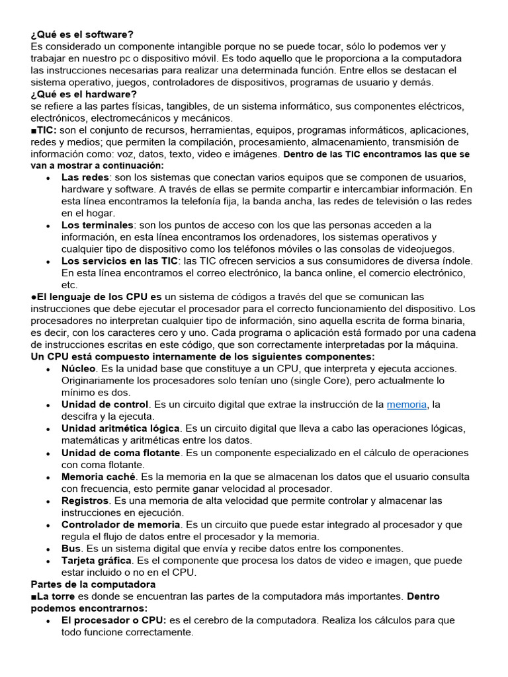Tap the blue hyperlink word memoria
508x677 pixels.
click(x=406, y=404)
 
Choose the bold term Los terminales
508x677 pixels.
click(x=97, y=225)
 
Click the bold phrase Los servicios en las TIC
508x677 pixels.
click(x=120, y=261)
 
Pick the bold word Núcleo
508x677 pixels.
click(x=79, y=368)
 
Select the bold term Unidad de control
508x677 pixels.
click(x=105, y=404)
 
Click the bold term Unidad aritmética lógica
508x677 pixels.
click(x=120, y=428)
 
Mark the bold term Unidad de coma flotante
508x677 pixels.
click(x=120, y=453)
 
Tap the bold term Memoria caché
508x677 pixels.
click(x=98, y=477)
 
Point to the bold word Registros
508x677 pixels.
click(x=85, y=500)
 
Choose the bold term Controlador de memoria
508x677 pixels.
click(x=121, y=524)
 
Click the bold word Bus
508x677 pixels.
click(x=71, y=548)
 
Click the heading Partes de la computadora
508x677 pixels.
click(x=93, y=584)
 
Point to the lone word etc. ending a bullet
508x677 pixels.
click(x=69, y=285)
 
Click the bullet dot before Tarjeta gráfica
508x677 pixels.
click(x=48, y=561)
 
